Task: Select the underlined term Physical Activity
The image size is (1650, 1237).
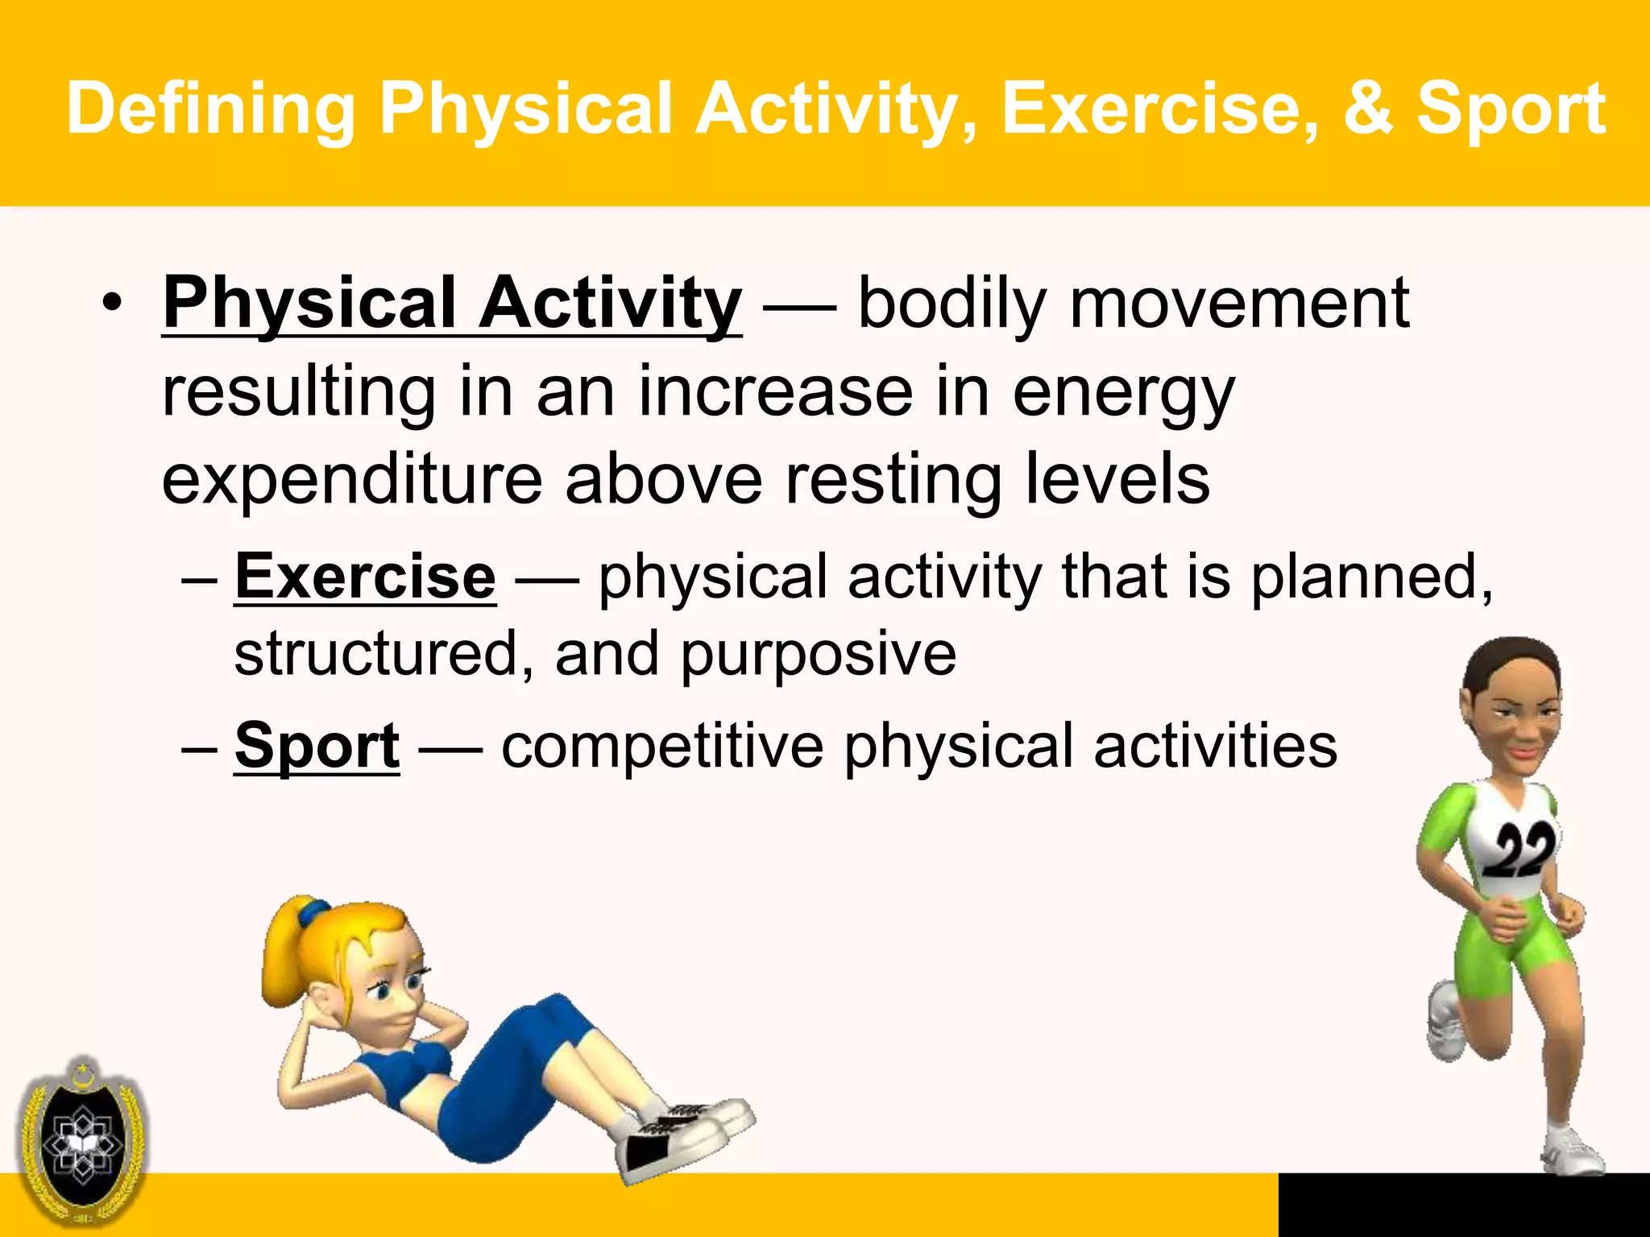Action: point(451,304)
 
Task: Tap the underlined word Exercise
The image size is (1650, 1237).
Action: point(365,577)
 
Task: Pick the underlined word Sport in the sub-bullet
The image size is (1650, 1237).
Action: point(317,746)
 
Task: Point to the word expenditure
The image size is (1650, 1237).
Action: point(352,480)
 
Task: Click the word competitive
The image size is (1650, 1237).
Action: point(662,746)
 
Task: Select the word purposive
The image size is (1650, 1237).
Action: point(819,654)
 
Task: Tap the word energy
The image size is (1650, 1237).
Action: point(1122,393)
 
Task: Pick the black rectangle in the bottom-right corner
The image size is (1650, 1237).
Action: point(1463,1205)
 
